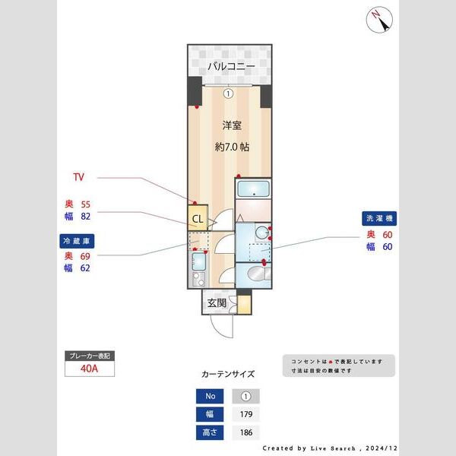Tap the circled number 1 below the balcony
(x=229, y=93)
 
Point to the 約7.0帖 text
(x=232, y=147)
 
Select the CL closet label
(x=197, y=220)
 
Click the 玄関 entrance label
(x=217, y=302)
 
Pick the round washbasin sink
(x=261, y=233)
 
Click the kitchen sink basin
(x=199, y=263)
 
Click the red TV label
(x=78, y=178)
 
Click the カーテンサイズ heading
(x=228, y=375)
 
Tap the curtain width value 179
(x=245, y=414)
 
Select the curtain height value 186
(x=245, y=432)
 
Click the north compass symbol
(x=378, y=21)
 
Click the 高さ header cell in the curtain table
(x=209, y=432)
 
